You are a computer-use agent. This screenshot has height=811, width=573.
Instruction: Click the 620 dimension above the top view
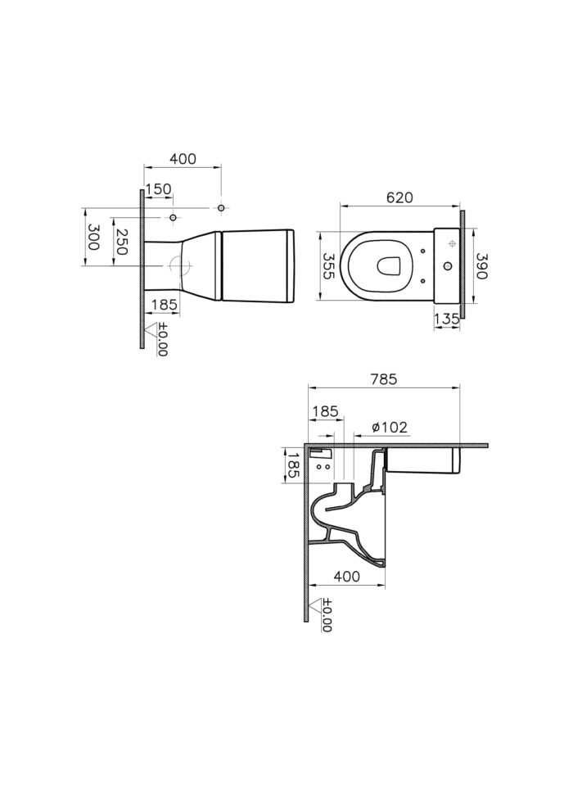tap(399, 197)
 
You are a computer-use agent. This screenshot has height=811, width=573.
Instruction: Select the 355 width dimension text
tap(328, 266)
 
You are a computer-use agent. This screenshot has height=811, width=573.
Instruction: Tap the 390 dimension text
tap(481, 266)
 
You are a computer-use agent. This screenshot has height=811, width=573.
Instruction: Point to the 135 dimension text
tap(446, 319)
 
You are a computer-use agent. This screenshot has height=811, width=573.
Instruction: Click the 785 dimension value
tap(384, 379)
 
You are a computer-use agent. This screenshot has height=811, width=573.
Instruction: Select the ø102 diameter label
tap(390, 428)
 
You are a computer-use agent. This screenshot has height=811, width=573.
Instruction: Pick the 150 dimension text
tap(158, 189)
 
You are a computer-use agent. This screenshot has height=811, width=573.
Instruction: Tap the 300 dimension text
tap(93, 237)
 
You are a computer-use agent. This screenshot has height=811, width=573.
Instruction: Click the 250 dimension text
tap(121, 242)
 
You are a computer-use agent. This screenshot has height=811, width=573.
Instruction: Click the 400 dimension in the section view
tap(347, 576)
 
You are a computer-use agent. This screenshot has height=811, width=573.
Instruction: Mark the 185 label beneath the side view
tap(165, 306)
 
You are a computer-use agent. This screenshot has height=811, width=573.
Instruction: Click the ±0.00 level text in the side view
tap(163, 339)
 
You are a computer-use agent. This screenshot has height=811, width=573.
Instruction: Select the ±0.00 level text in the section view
tap(327, 615)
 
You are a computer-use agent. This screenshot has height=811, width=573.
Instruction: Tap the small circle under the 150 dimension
tap(173, 217)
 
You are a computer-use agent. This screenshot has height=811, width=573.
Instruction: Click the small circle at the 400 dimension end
tap(221, 208)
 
